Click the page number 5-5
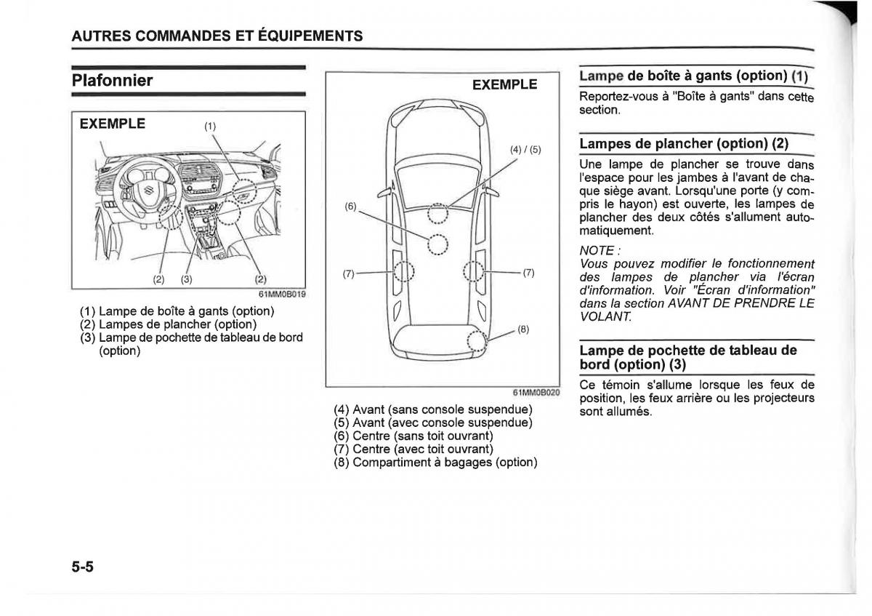coord(84,567)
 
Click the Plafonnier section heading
coord(113,80)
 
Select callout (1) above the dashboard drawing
coord(210,126)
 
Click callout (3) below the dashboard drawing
coord(187,279)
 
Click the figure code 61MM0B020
coord(541,393)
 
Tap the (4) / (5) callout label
coord(525,150)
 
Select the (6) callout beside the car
coord(350,206)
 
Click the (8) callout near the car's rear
coord(522,329)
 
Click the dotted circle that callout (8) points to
coord(476,340)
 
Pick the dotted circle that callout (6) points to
coord(437,245)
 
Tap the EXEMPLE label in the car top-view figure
coord(504,84)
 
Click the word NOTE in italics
coord(594,251)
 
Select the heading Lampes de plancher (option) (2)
coord(684,143)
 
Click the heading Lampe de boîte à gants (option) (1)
coord(693,75)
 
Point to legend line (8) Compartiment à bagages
coord(435,462)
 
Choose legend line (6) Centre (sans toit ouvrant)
coord(413,436)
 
